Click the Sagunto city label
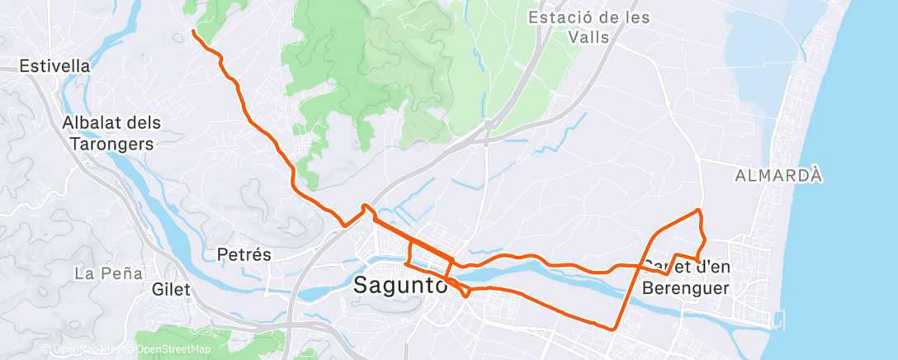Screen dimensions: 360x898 pyautogui.click(x=400, y=286)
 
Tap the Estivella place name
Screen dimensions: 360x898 pyautogui.click(x=54, y=65)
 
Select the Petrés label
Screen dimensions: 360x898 pyautogui.click(x=243, y=254)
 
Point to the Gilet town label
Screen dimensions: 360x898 pyautogui.click(x=171, y=290)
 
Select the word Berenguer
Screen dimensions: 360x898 pyautogui.click(x=686, y=287)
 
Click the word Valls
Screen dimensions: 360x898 pyautogui.click(x=588, y=37)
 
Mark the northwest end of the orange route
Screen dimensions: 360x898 pyautogui.click(x=193, y=31)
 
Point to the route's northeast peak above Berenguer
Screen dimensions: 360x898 pyautogui.click(x=699, y=210)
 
